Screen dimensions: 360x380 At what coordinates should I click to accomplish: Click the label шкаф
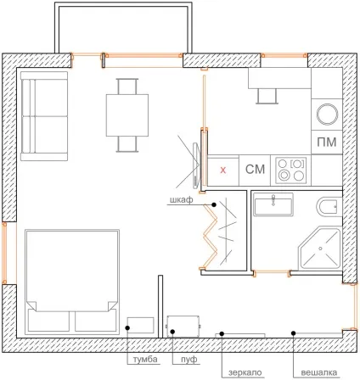pos(182,200)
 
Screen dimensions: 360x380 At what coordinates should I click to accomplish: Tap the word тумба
pos(145,360)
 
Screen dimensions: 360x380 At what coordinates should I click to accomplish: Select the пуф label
pos(189,360)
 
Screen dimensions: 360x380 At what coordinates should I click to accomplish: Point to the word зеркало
pos(245,372)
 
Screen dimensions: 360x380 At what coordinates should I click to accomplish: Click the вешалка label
pos(319,372)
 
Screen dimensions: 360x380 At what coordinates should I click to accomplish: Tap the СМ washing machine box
pos(255,170)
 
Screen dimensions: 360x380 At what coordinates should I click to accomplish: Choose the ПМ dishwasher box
pos(327,142)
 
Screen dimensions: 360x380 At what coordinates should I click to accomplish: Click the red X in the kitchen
pos(223,170)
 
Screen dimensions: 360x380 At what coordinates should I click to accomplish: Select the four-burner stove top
pos(291,170)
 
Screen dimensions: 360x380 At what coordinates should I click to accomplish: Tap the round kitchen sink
pos(327,115)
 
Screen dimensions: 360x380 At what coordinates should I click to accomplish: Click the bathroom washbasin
pos(273,204)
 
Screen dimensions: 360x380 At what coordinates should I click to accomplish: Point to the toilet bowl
pos(329,207)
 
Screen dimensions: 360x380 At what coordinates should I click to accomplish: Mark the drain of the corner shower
pos(320,249)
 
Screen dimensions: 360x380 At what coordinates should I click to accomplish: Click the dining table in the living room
pos(127,115)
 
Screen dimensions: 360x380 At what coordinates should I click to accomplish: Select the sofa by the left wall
pos(44,116)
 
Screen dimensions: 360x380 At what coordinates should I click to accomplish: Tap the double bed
pos(72,282)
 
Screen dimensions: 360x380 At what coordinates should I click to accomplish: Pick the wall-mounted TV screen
pos(196,166)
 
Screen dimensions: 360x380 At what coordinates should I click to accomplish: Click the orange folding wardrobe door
pos(210,237)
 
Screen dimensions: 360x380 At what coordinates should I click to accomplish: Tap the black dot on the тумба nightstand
pos(127,328)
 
